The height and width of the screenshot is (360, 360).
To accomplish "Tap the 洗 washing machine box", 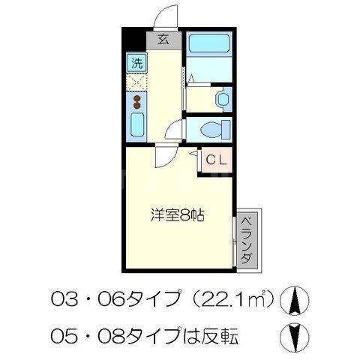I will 136,62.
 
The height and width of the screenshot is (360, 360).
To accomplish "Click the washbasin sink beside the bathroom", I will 223,99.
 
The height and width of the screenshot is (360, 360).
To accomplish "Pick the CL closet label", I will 216,160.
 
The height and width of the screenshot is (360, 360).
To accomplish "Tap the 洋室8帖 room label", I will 175,213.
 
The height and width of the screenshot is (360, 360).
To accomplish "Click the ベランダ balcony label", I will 246,241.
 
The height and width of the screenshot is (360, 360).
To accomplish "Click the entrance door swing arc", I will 166,16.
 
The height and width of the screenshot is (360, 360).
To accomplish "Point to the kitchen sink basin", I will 137,126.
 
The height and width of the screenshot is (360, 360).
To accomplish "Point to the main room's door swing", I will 163,155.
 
